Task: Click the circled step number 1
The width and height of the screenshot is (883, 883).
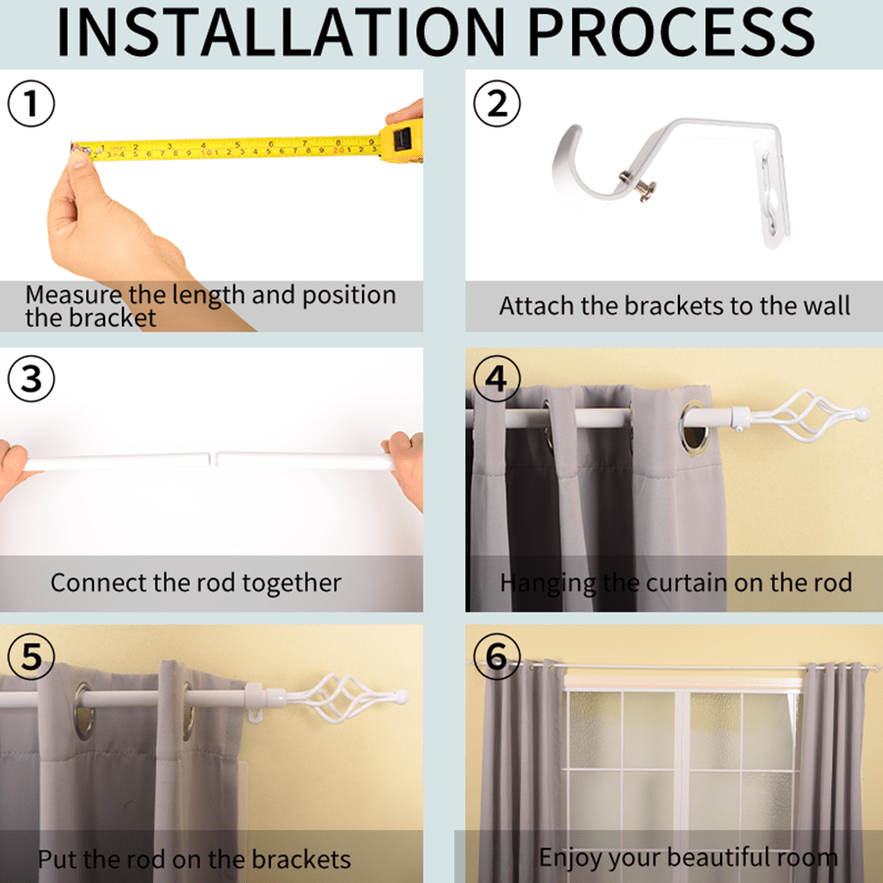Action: pyautogui.click(x=31, y=104)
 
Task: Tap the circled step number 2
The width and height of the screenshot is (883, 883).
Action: pyautogui.click(x=496, y=104)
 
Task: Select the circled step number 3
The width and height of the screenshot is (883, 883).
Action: pyautogui.click(x=31, y=379)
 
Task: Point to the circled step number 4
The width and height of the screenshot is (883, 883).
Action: pyautogui.click(x=496, y=379)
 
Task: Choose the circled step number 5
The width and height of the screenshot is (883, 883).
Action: pyautogui.click(x=31, y=656)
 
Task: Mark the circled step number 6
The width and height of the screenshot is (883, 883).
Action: pyautogui.click(x=496, y=656)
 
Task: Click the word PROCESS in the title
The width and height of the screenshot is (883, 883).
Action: pyautogui.click(x=671, y=32)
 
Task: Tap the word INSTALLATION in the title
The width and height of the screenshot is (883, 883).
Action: pyautogui.click(x=282, y=32)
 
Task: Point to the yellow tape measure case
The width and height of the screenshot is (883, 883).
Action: pyautogui.click(x=401, y=140)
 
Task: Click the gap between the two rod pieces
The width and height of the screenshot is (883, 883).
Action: pyautogui.click(x=213, y=458)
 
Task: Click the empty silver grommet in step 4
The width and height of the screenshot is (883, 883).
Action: pyautogui.click(x=695, y=428)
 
